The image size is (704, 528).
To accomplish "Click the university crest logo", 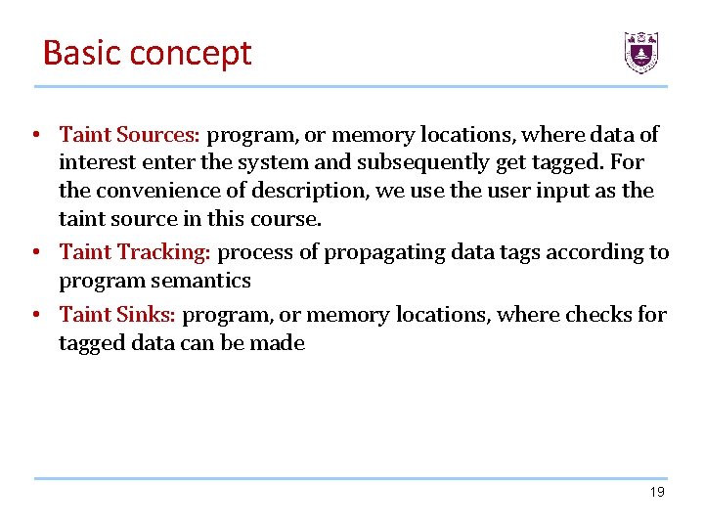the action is tap(641, 52).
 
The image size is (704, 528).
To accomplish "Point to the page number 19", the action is tap(657, 492).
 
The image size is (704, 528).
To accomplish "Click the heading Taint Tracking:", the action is tap(135, 252).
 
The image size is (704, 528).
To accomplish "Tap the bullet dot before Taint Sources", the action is tap(34, 135).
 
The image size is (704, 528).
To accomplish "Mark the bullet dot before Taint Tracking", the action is tap(34, 253).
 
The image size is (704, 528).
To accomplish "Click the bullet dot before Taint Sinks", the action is tap(34, 316).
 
